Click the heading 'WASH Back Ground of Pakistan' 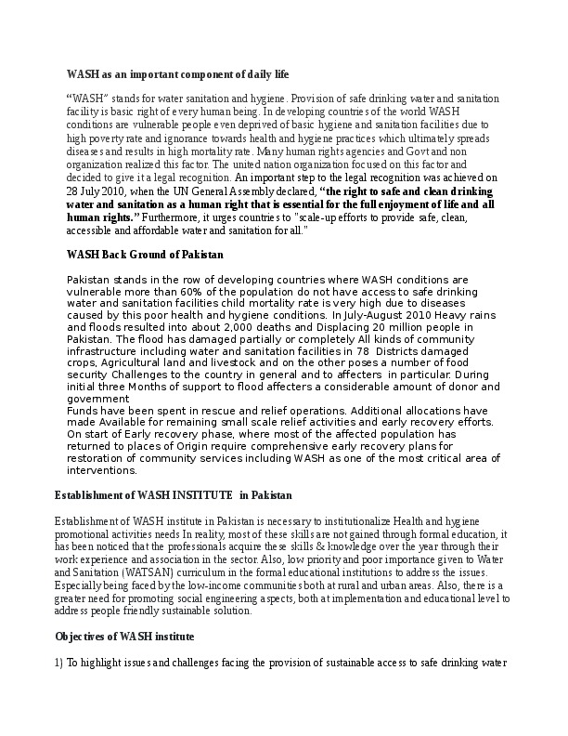[x=145, y=254]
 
